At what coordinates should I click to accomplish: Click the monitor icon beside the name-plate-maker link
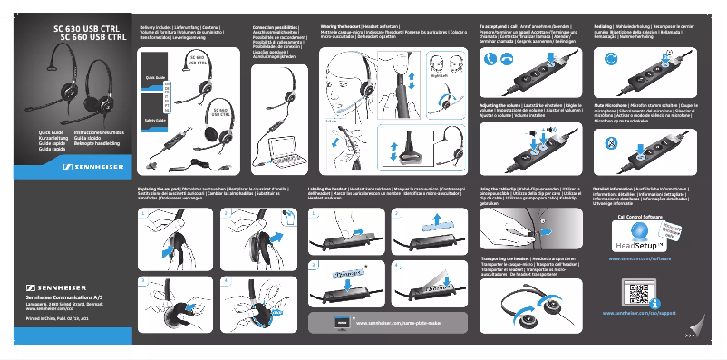pos(342,322)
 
